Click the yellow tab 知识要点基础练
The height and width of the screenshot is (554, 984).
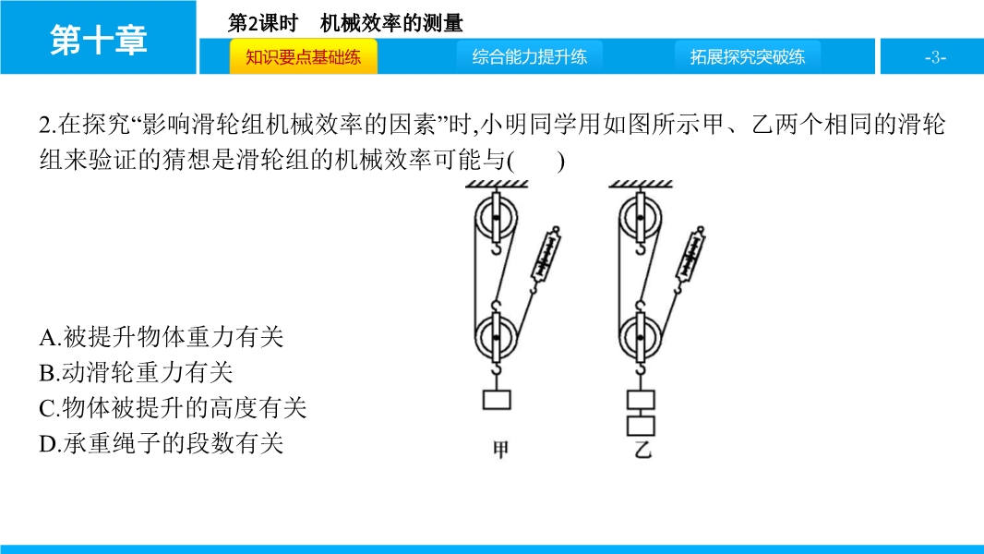pos(303,57)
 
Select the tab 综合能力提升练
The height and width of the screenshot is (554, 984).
pos(530,57)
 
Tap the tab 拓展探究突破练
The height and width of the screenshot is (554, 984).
pos(748,57)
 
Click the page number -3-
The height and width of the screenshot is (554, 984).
pos(935,58)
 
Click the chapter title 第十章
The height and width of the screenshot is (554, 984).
pos(99,40)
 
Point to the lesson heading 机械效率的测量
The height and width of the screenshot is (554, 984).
pos(391,23)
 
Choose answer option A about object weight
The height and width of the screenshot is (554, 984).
pos(162,338)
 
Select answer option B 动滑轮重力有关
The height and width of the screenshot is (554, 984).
pos(137,373)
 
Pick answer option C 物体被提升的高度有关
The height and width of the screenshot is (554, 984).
pos(174,408)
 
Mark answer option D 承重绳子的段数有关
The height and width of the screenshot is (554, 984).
pos(162,443)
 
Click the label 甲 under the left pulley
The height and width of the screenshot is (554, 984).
pos(500,450)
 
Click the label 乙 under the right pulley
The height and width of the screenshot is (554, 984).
pos(642,450)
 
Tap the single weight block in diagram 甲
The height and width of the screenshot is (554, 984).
pos(497,400)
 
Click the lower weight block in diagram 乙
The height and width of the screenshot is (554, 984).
pos(641,426)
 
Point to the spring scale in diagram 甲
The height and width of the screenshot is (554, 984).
pos(545,254)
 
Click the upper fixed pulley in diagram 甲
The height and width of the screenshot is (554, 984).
pos(497,218)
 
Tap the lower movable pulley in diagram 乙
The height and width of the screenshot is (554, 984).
pos(640,338)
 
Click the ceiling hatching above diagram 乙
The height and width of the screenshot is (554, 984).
pos(641,184)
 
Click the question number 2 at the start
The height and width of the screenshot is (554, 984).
pos(44,125)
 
